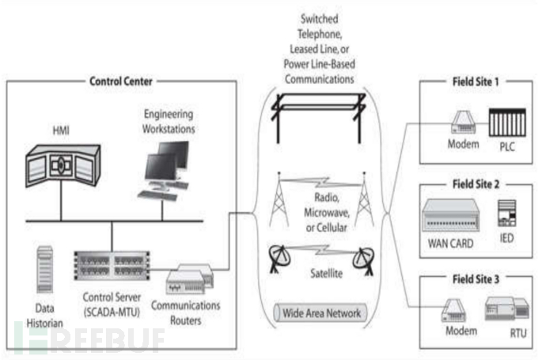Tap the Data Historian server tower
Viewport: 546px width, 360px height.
point(45,269)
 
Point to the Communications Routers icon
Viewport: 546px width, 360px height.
point(191,278)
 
